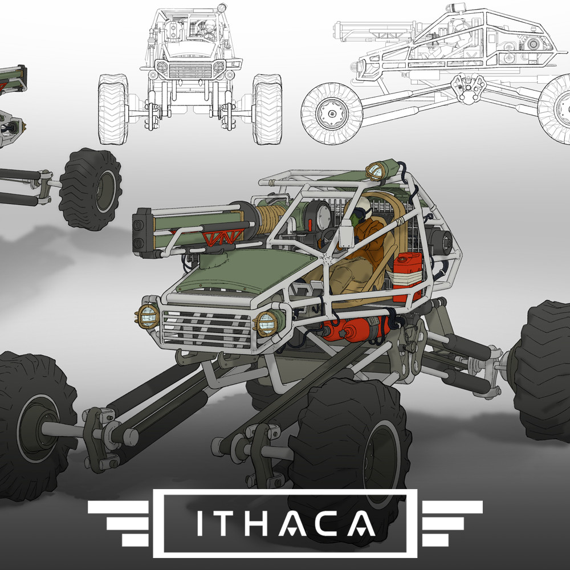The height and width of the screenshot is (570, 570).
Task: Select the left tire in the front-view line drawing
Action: (112, 108)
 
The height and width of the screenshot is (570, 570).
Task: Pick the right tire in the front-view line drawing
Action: (267, 108)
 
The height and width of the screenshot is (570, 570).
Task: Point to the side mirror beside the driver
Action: (345, 239)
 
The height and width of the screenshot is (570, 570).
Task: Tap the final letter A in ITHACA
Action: (363, 523)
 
